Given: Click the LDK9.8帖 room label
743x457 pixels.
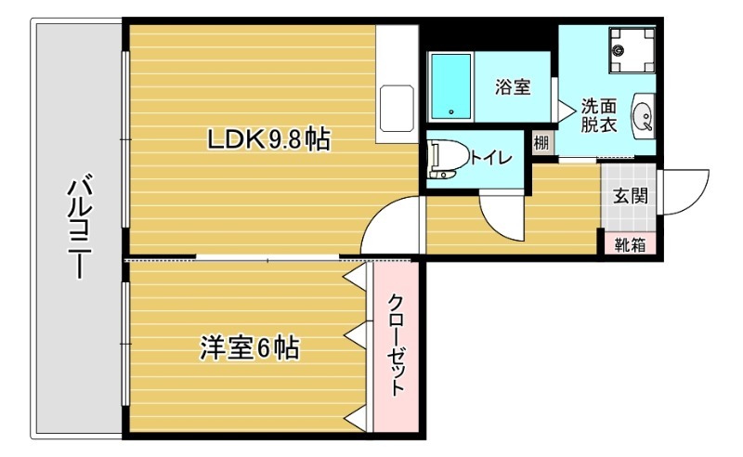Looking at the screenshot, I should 268,140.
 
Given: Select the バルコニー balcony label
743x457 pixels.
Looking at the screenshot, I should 78,227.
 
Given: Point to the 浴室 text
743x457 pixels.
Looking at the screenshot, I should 513,88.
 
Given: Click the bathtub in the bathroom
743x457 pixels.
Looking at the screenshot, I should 451,85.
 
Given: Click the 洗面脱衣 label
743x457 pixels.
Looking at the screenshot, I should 599,115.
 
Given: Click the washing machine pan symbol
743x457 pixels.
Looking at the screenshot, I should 631,48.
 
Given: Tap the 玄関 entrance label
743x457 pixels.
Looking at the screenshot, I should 630,197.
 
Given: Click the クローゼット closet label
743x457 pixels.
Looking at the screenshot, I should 397,346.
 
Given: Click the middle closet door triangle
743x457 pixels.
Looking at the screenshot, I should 354,332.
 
